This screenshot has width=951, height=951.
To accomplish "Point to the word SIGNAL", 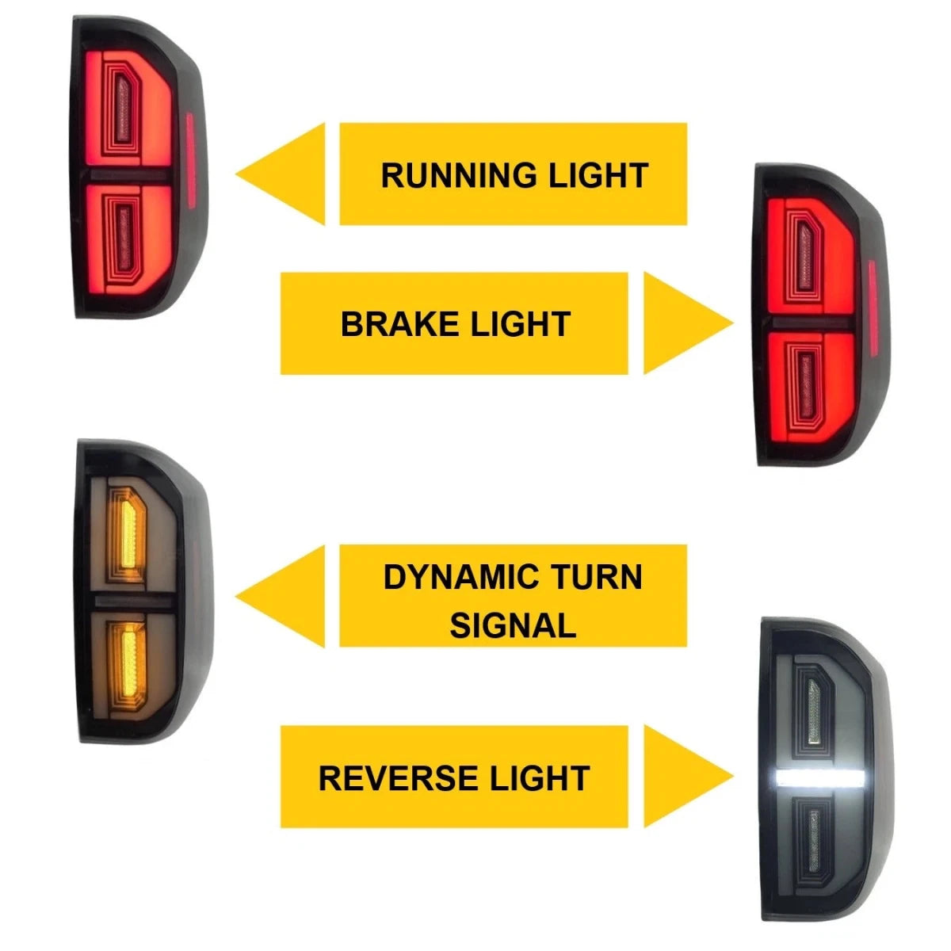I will click(513, 625).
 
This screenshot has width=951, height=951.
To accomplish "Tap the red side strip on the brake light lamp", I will click(873, 307).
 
